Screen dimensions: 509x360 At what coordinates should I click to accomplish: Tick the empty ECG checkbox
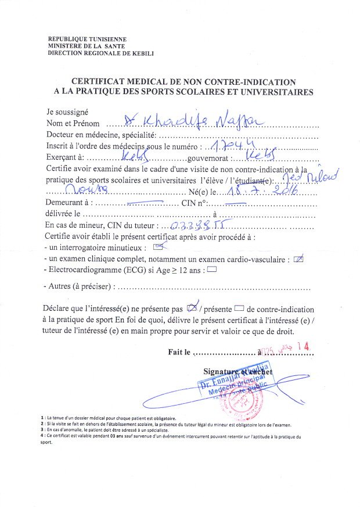pyautogui.click(x=211, y=269)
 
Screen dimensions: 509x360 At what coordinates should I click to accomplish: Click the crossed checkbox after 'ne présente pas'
pyautogui.click(x=195, y=308)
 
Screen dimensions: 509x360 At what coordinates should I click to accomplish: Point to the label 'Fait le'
pyautogui.click(x=179, y=352)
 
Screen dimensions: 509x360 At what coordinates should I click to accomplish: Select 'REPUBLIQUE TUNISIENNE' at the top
pyautogui.click(x=87, y=39)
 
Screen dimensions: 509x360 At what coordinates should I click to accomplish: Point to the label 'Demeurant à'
pyautogui.click(x=67, y=203)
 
